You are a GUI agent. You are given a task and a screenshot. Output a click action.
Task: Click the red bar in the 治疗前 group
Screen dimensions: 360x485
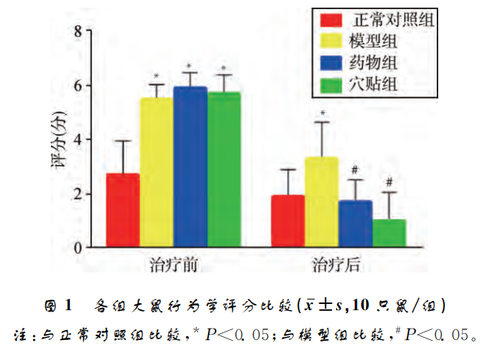(x=123, y=210)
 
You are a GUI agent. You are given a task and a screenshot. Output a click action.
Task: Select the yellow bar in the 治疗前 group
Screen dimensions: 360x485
(x=156, y=173)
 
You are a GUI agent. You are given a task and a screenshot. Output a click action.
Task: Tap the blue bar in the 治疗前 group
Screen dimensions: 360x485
(x=190, y=167)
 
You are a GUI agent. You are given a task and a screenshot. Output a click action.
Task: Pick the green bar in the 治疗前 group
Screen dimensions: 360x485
(x=223, y=170)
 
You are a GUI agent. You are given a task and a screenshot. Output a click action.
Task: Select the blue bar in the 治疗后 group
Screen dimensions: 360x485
(x=355, y=223)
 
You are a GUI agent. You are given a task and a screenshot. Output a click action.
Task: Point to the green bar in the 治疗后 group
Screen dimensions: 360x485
(x=389, y=233)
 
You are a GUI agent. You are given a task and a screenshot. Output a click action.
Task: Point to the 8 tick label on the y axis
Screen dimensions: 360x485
(x=78, y=31)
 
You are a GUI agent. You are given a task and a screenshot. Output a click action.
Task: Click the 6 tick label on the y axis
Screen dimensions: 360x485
(x=78, y=85)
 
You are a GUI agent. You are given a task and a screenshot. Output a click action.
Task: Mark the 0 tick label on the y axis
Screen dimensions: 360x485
(x=78, y=248)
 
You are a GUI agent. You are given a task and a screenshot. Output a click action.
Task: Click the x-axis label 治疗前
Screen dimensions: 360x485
(x=173, y=266)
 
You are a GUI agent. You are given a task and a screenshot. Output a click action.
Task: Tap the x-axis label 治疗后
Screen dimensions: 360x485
(x=337, y=266)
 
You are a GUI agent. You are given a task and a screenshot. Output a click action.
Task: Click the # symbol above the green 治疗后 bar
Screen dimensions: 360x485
(x=389, y=182)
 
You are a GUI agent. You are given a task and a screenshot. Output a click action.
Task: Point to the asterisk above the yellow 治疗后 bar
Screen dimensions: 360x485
(x=322, y=114)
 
